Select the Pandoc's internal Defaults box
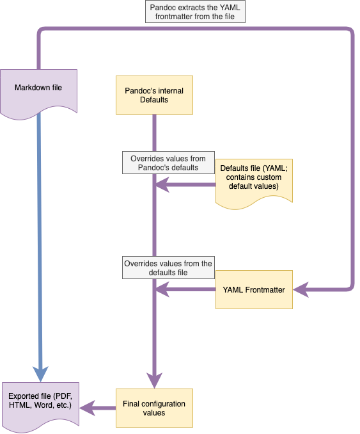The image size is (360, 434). [x=154, y=95]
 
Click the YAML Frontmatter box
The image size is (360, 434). [x=254, y=290]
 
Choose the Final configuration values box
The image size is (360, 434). [x=154, y=408]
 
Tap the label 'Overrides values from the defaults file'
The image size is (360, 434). [x=168, y=268]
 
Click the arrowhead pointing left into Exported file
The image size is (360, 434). [x=86, y=408]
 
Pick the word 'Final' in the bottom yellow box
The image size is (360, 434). [x=133, y=403]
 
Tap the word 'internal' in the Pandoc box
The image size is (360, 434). [x=169, y=91]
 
